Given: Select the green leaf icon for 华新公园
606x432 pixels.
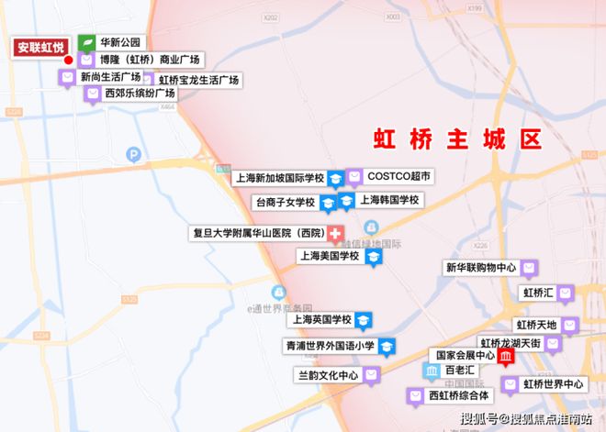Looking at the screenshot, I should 86,43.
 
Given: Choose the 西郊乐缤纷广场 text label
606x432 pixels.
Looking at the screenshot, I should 140,94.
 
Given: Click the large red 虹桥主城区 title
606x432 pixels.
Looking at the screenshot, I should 457,139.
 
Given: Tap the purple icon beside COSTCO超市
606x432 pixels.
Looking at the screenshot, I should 354,175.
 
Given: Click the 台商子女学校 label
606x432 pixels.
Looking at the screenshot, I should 284,202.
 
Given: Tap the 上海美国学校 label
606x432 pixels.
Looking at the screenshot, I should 329,256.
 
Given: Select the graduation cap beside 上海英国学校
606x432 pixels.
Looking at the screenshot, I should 365,319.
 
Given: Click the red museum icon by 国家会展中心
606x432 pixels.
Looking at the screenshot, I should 506,358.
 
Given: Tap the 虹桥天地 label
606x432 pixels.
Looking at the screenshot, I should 536,325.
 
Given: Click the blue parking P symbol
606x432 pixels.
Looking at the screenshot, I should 134,155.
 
